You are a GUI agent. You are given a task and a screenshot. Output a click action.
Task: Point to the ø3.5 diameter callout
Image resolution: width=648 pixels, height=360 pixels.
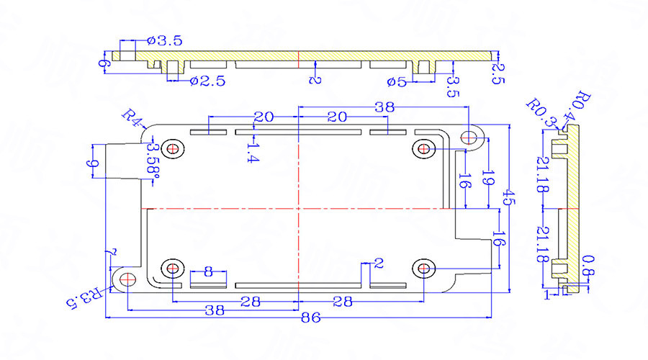click(x=166, y=41)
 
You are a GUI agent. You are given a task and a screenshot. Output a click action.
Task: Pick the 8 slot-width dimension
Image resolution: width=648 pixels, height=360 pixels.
click(x=208, y=271)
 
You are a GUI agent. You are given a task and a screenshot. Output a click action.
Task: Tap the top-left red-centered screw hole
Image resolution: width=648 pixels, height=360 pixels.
click(x=173, y=149)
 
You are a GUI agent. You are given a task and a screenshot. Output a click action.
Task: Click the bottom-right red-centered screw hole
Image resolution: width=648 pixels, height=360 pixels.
click(x=423, y=269)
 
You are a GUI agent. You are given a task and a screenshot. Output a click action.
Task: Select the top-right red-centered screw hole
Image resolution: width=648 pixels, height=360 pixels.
click(x=423, y=149)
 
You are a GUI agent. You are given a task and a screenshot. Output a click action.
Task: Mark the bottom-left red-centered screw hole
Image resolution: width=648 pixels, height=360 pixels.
click(x=173, y=269)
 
